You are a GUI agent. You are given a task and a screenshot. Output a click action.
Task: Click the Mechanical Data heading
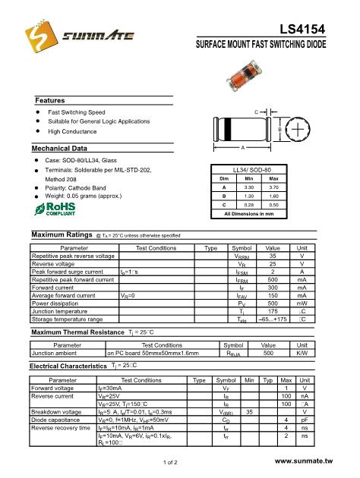tap(65, 147)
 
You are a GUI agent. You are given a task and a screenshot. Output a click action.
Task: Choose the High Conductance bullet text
tap(74, 132)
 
